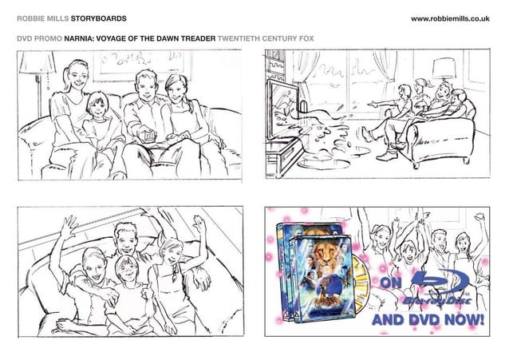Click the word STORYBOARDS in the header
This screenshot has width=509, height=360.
tap(98, 17)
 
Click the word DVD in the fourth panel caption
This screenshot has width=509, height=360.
tap(420, 321)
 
